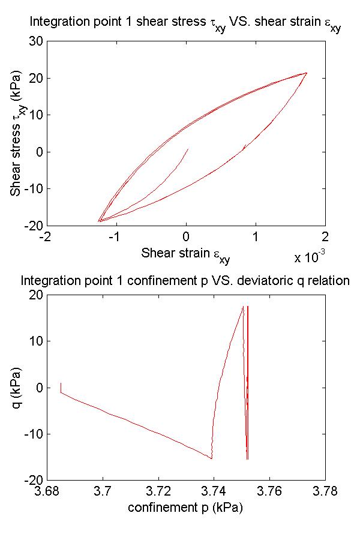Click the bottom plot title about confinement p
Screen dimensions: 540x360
coord(185,280)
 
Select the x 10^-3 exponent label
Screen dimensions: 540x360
coord(310,258)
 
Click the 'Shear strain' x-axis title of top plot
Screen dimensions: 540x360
coord(185,254)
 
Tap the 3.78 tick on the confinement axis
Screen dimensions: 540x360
coord(325,491)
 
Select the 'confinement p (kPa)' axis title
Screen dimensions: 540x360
coord(185,507)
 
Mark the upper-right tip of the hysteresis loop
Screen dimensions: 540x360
coord(307,73)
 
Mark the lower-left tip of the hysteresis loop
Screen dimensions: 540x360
coord(99,221)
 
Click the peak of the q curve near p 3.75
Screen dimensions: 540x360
coord(243,307)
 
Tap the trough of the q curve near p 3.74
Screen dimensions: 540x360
coord(212,459)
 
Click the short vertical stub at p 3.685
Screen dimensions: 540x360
coord(61,388)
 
